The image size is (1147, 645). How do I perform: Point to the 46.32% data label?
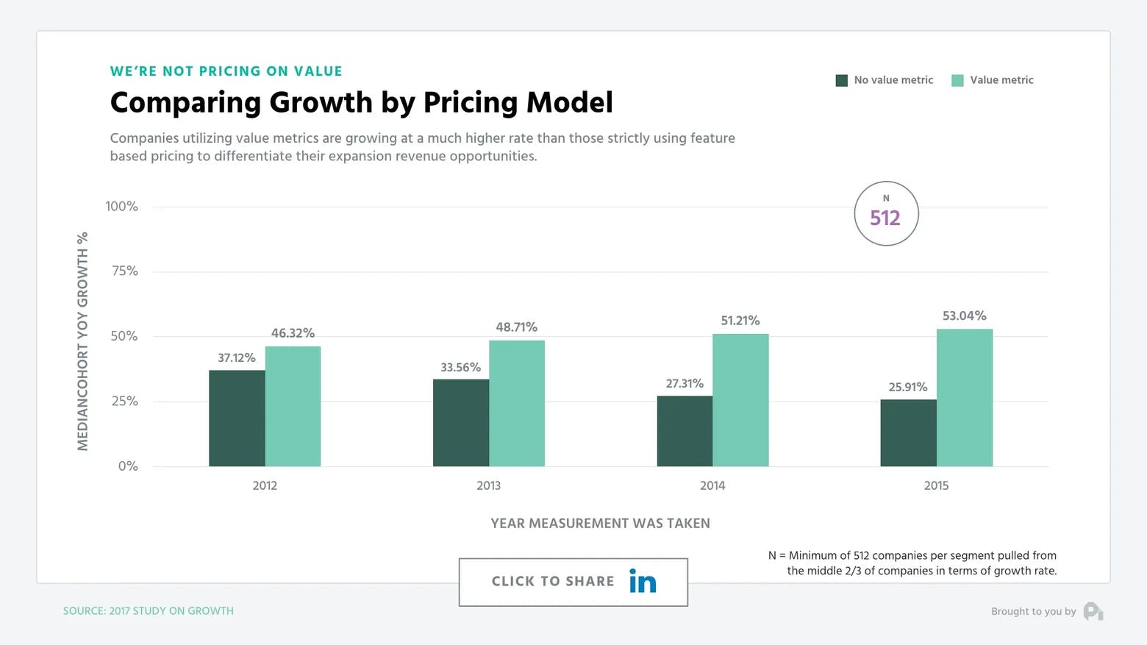coord(293,333)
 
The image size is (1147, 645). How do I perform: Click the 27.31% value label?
coord(685,383)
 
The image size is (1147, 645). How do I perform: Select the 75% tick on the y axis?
coord(125,271)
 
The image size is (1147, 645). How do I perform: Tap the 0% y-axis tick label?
coord(128,466)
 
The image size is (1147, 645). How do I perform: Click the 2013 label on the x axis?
coord(488,485)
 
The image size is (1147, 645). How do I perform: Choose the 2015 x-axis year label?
coord(936,485)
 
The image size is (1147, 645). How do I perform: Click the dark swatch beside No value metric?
coord(842,80)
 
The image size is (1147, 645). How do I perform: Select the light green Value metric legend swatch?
coord(957,80)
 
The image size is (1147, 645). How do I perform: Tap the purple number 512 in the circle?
coord(885,218)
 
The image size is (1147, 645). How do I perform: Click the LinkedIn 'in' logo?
coord(643,582)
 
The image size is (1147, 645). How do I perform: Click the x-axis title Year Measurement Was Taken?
coord(600,523)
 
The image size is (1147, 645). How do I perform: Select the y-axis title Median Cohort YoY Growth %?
coord(82,341)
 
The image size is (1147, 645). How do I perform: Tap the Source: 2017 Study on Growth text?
coord(148,610)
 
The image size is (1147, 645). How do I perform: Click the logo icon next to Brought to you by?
coord(1093,611)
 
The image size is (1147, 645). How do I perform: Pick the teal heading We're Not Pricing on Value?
coord(226,71)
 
